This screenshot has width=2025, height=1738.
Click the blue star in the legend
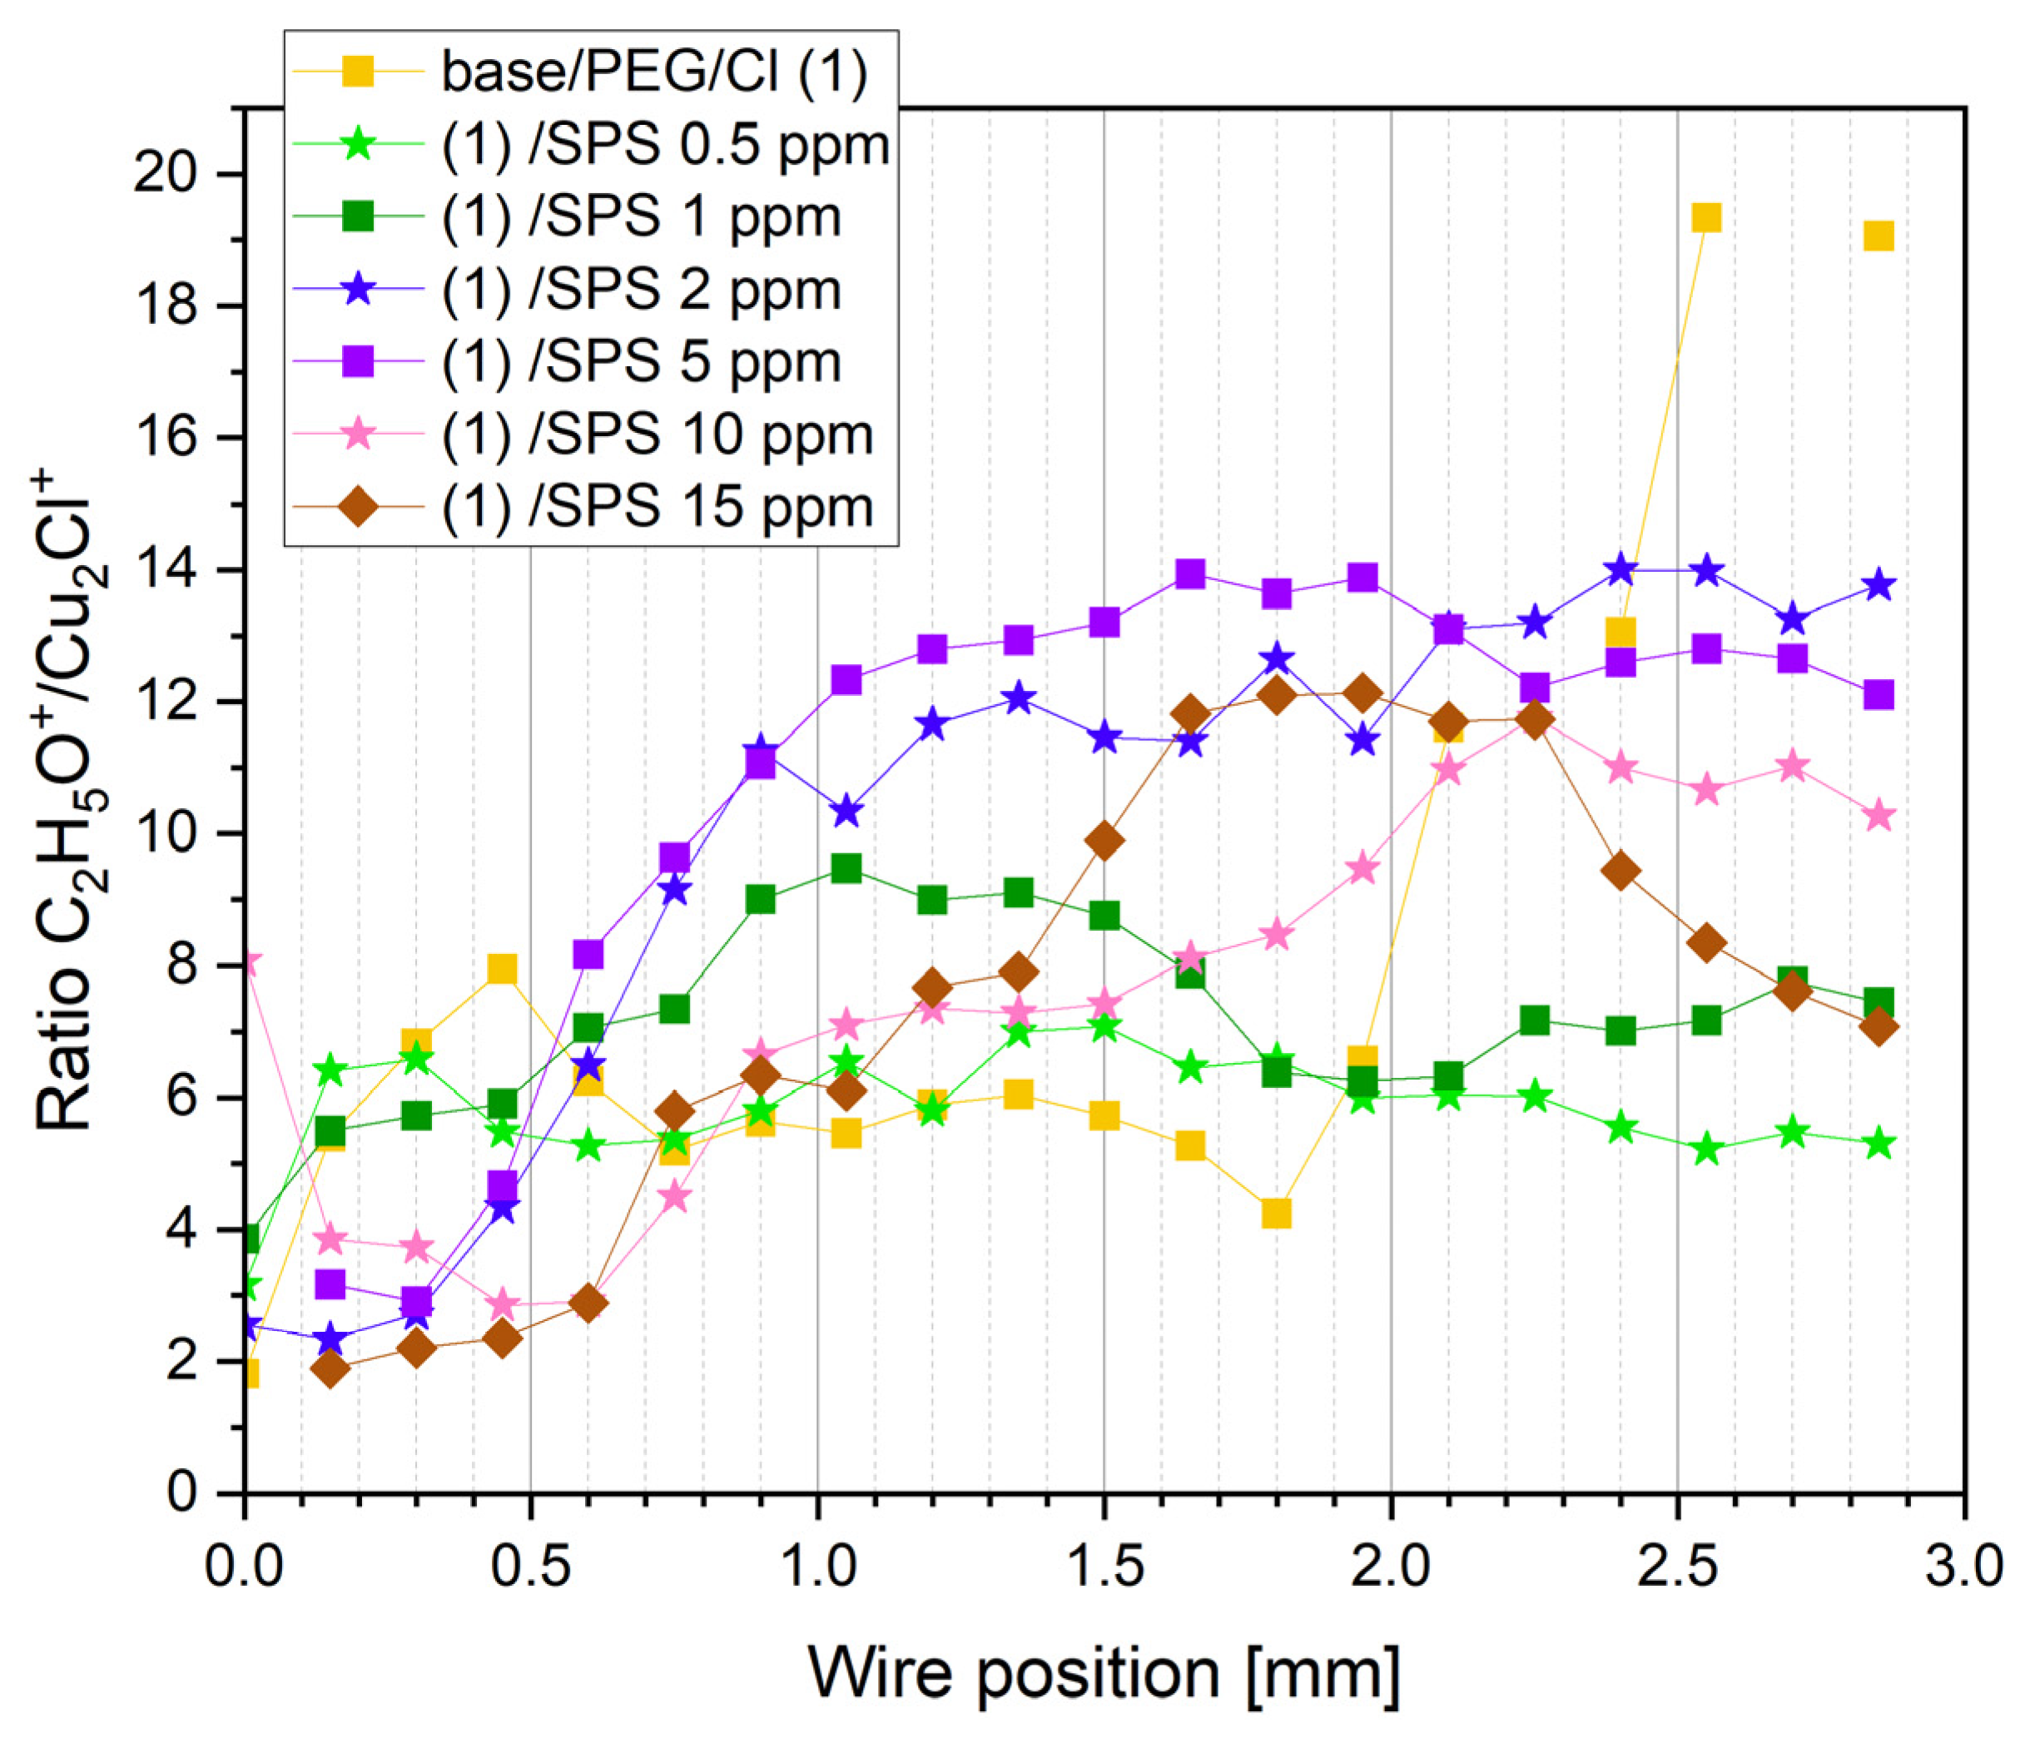[x=359, y=290]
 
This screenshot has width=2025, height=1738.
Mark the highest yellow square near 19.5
[x=1705, y=217]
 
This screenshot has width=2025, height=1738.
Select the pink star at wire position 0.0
[x=248, y=964]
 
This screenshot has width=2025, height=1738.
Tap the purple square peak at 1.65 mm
[x=1189, y=573]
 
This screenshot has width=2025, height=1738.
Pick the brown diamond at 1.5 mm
[x=1104, y=841]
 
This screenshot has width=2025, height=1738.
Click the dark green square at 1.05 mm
[x=846, y=868]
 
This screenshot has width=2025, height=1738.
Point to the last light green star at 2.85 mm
[x=1879, y=1145]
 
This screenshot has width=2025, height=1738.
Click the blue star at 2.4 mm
[x=1620, y=568]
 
